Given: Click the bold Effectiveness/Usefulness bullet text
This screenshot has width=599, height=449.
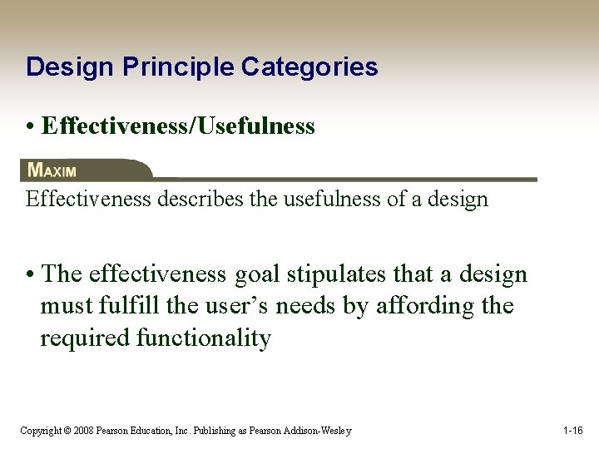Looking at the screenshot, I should click(x=178, y=126).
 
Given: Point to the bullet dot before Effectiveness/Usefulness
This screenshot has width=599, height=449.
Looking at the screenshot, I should click(x=30, y=127).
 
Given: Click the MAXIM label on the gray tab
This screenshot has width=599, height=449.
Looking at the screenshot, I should click(x=52, y=170).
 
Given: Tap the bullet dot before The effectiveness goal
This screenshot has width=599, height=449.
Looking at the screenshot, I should click(x=30, y=275).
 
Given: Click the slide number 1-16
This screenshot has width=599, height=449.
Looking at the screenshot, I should click(x=572, y=431).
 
